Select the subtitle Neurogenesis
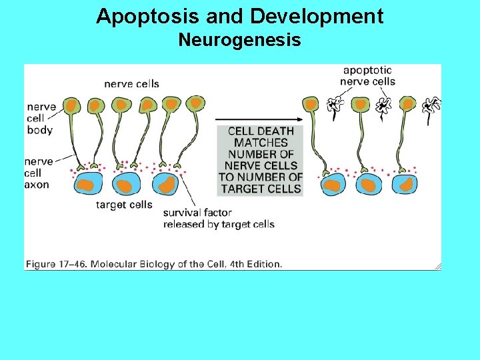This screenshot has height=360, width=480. [239, 41]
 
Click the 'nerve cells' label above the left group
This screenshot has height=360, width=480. [131, 84]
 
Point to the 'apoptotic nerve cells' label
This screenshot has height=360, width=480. [367, 75]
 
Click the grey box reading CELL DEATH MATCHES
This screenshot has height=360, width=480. [261, 160]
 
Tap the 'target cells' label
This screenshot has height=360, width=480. [124, 205]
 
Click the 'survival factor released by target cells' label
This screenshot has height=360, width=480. [219, 219]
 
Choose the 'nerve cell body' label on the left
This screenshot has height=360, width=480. [41, 118]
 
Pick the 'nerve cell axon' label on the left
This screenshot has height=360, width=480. [39, 173]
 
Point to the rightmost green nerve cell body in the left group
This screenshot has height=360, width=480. [195, 103]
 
